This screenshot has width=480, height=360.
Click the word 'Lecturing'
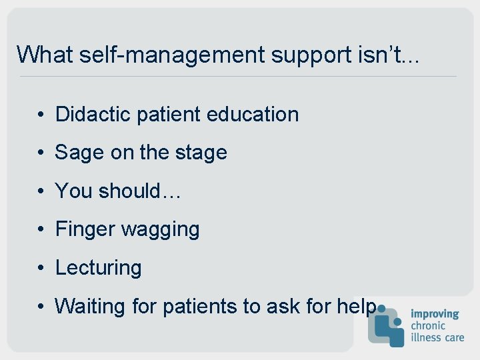tap(98, 268)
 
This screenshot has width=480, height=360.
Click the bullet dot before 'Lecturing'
tap(41, 268)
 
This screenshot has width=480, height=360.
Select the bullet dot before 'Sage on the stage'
tap(41, 153)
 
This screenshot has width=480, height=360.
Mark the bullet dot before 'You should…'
tap(41, 191)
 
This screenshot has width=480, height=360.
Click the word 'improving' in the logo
tap(435, 314)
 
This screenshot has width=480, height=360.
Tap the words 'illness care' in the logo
tap(437, 337)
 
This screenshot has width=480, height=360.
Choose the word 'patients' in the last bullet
tap(201, 306)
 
